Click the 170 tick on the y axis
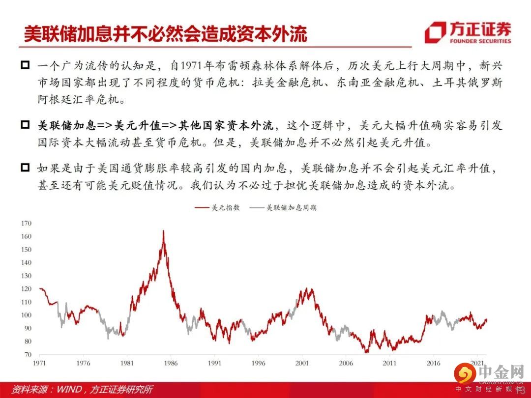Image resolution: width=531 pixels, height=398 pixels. click(26, 224)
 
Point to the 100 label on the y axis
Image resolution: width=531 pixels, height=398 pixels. click(26, 315)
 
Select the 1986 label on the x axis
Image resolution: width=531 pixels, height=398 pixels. click(171, 363)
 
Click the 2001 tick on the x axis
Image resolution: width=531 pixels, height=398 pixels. click(302, 363)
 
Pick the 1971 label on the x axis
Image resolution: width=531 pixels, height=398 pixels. click(40, 363)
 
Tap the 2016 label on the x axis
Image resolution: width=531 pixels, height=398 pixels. click(434, 363)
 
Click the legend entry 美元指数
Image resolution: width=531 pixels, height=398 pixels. click(217, 207)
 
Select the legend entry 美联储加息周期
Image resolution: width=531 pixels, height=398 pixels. click(283, 207)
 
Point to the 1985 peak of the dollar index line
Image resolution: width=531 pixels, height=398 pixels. click(163, 231)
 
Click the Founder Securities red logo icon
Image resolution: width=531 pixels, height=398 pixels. click(436, 32)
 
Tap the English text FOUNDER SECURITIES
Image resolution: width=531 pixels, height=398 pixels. click(480, 41)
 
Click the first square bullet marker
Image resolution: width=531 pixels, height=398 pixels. click(26, 65)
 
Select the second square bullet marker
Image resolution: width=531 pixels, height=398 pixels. click(26, 125)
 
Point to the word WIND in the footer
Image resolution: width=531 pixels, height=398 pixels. click(69, 389)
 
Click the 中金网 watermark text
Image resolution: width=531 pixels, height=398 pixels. click(501, 372)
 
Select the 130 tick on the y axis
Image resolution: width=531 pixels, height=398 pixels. click(26, 276)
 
